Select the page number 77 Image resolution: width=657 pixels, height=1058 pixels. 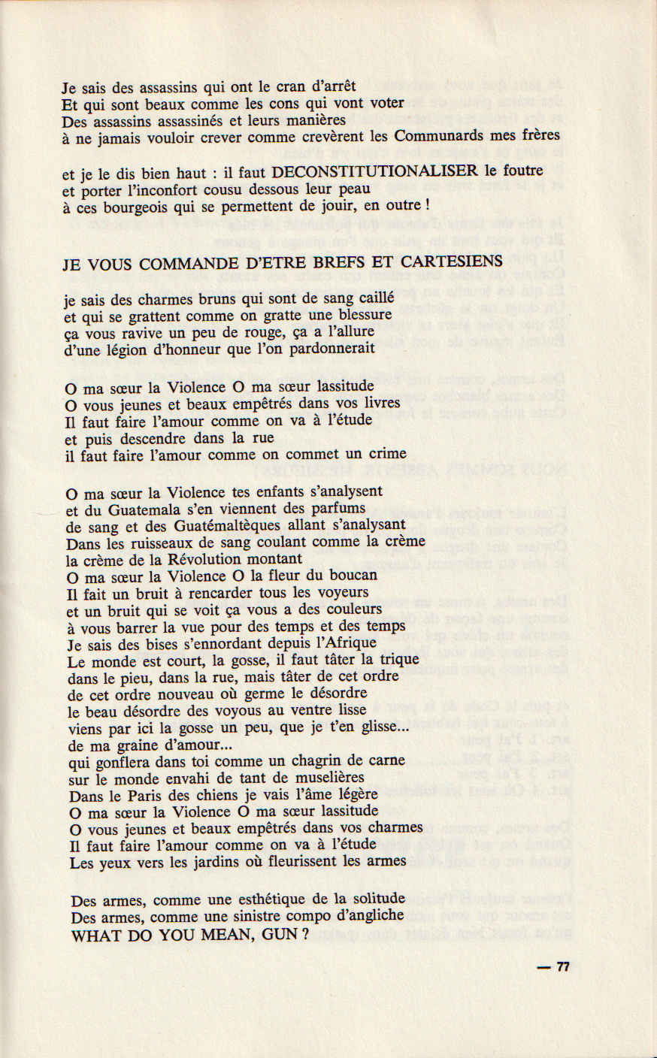point(563,967)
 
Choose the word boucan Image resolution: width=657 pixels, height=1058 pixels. point(351,576)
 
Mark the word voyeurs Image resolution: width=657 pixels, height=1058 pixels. point(336,592)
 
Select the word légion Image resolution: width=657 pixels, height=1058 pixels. point(113,349)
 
